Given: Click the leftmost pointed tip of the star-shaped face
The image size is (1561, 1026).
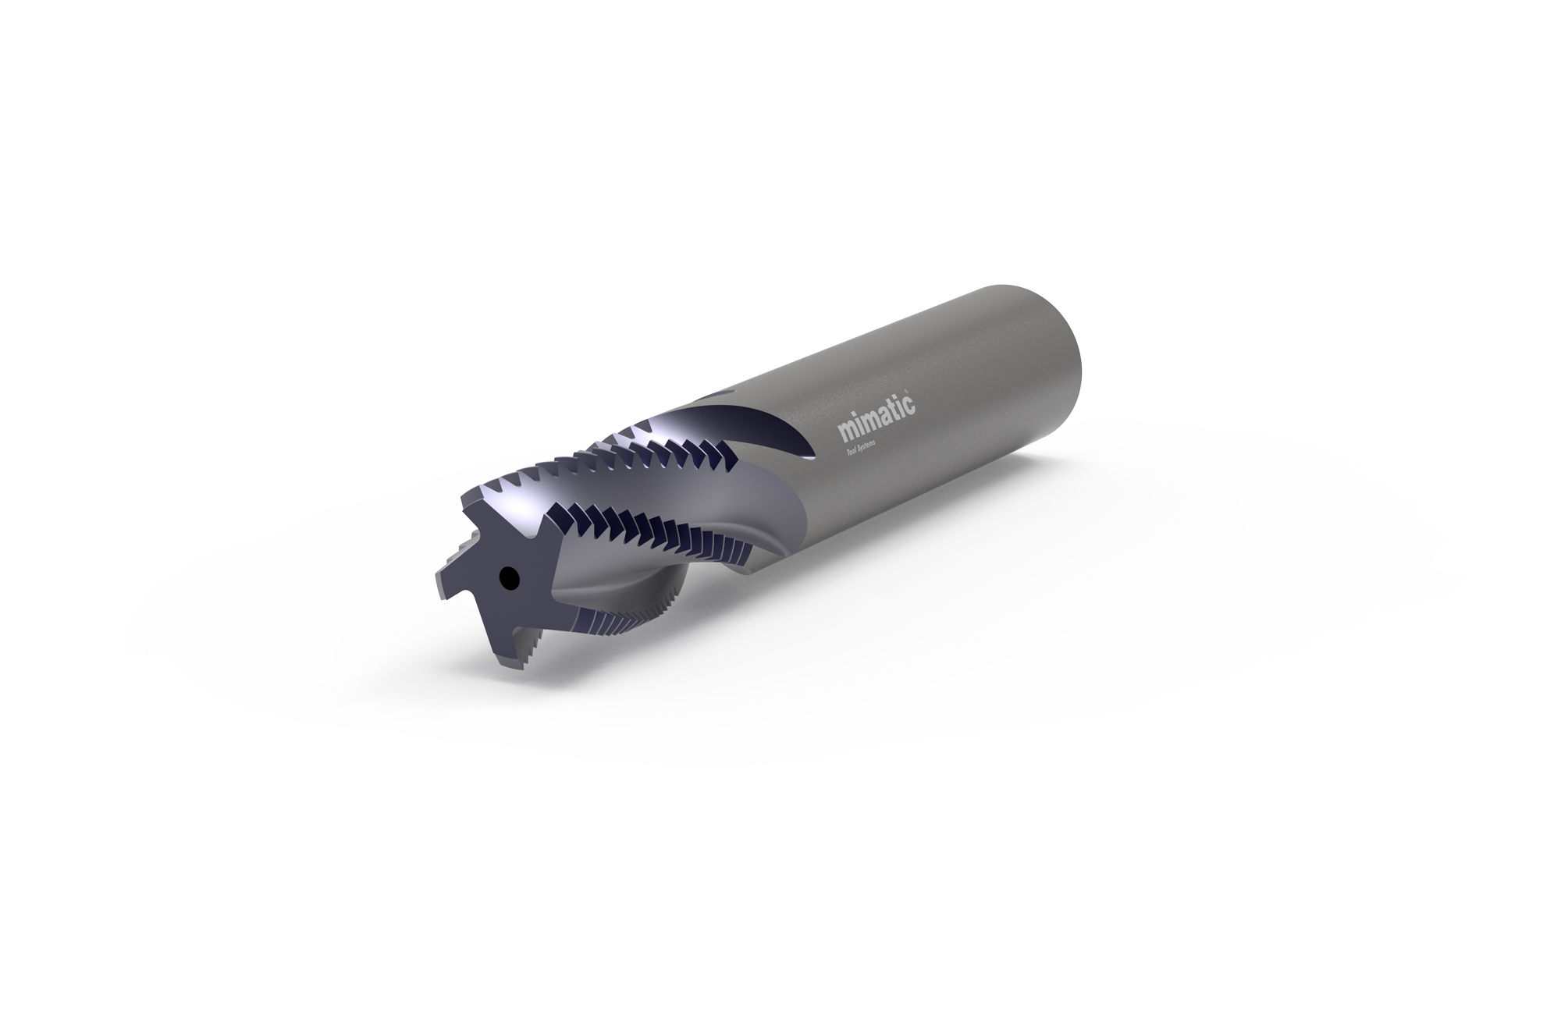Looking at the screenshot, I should [x=437, y=581].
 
